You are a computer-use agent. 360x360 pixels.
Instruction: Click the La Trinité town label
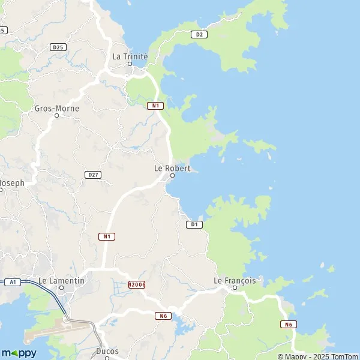coord(130,56)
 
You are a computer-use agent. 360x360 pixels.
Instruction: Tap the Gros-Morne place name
coord(57,109)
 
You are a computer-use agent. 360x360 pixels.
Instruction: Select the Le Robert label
coord(172,169)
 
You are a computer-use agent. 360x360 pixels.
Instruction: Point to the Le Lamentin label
coord(61,280)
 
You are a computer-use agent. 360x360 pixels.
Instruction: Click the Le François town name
coord(235,280)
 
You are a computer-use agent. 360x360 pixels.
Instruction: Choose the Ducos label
coord(107,351)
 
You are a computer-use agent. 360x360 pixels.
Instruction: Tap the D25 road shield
coord(58,47)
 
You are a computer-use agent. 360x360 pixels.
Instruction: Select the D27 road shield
coord(93,175)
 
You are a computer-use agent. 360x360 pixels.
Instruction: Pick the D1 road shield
coord(194,224)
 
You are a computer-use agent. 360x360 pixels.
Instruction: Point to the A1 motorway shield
coord(11,281)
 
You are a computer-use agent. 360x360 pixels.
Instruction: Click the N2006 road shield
coord(137,285)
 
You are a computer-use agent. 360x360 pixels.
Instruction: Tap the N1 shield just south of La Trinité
coord(155,106)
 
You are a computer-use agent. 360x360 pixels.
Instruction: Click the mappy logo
coord(19,353)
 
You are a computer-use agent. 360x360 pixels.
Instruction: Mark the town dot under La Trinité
coord(130,64)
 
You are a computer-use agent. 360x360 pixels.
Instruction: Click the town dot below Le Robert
coord(172,176)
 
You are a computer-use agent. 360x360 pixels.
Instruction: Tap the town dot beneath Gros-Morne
coord(57,116)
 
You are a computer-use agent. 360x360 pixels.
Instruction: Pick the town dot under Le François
coord(235,287)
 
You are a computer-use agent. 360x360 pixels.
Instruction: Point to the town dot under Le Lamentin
coord(61,287)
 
